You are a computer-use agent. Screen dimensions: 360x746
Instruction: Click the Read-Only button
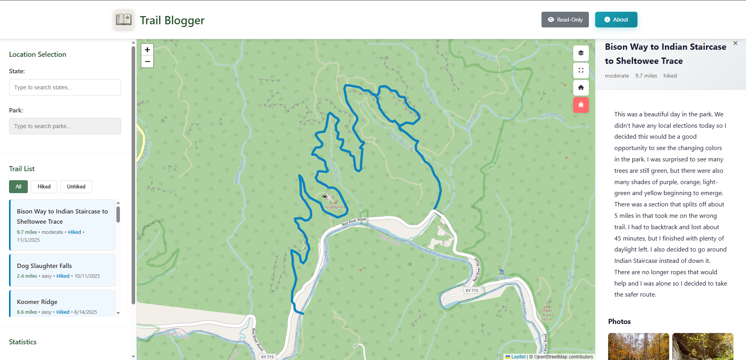tap(565, 20)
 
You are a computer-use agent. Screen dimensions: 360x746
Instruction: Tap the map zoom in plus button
tap(147, 50)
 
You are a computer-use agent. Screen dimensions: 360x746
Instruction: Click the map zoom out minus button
tap(147, 62)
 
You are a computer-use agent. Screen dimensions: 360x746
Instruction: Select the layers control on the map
tap(581, 53)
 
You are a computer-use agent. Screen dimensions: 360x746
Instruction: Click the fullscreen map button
tap(581, 71)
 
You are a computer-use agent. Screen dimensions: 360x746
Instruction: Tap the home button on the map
tap(581, 88)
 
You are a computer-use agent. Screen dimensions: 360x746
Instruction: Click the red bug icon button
tap(581, 105)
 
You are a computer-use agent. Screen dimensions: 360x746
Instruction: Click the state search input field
tap(65, 87)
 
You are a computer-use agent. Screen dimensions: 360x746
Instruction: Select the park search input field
tap(65, 126)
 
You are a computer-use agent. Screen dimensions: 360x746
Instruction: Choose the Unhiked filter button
tap(76, 187)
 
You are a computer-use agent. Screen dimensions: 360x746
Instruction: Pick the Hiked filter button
tap(44, 187)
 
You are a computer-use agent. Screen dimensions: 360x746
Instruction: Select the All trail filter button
tap(18, 187)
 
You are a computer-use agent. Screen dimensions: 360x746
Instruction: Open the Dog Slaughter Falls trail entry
tap(62, 270)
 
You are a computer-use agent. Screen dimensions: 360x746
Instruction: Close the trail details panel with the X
tap(735, 43)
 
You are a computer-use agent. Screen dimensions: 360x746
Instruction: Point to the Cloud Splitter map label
tap(334, 207)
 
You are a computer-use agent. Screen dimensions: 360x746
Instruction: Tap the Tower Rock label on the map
tap(547, 313)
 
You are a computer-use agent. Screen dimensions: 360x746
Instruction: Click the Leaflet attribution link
tap(518, 357)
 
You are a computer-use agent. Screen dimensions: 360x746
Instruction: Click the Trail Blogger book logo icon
tap(124, 20)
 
